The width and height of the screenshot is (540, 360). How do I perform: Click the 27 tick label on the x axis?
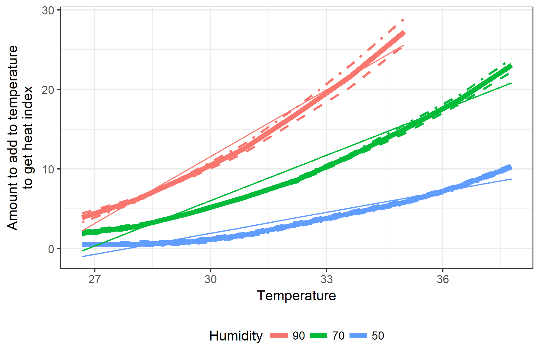click(x=94, y=279)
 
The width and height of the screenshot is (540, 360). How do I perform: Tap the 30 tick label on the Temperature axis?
click(x=211, y=279)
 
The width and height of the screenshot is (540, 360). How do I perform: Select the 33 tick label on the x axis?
click(x=327, y=279)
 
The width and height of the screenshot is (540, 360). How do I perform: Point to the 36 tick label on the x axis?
click(x=443, y=279)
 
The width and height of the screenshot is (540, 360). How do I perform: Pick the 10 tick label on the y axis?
click(x=48, y=169)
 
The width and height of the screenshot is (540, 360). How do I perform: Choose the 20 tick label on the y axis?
click(x=48, y=90)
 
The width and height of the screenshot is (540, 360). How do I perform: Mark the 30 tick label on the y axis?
click(x=48, y=10)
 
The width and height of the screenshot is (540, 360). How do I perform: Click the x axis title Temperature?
click(x=296, y=296)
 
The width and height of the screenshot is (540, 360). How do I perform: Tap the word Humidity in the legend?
click(x=236, y=336)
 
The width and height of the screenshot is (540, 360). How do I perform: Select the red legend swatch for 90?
click(x=279, y=336)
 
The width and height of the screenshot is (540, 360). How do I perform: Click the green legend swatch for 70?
click(x=319, y=336)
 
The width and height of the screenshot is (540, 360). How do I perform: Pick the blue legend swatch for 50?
click(x=358, y=336)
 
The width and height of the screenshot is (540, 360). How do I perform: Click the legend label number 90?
click(x=299, y=336)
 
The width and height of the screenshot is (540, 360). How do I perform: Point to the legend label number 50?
click(x=378, y=336)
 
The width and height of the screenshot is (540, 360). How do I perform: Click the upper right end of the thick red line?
click(x=404, y=33)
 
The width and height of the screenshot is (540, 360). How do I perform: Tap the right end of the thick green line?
click(x=511, y=66)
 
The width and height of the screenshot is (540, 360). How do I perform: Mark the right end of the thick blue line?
click(x=511, y=167)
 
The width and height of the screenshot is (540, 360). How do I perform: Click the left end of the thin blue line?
click(x=82, y=256)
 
